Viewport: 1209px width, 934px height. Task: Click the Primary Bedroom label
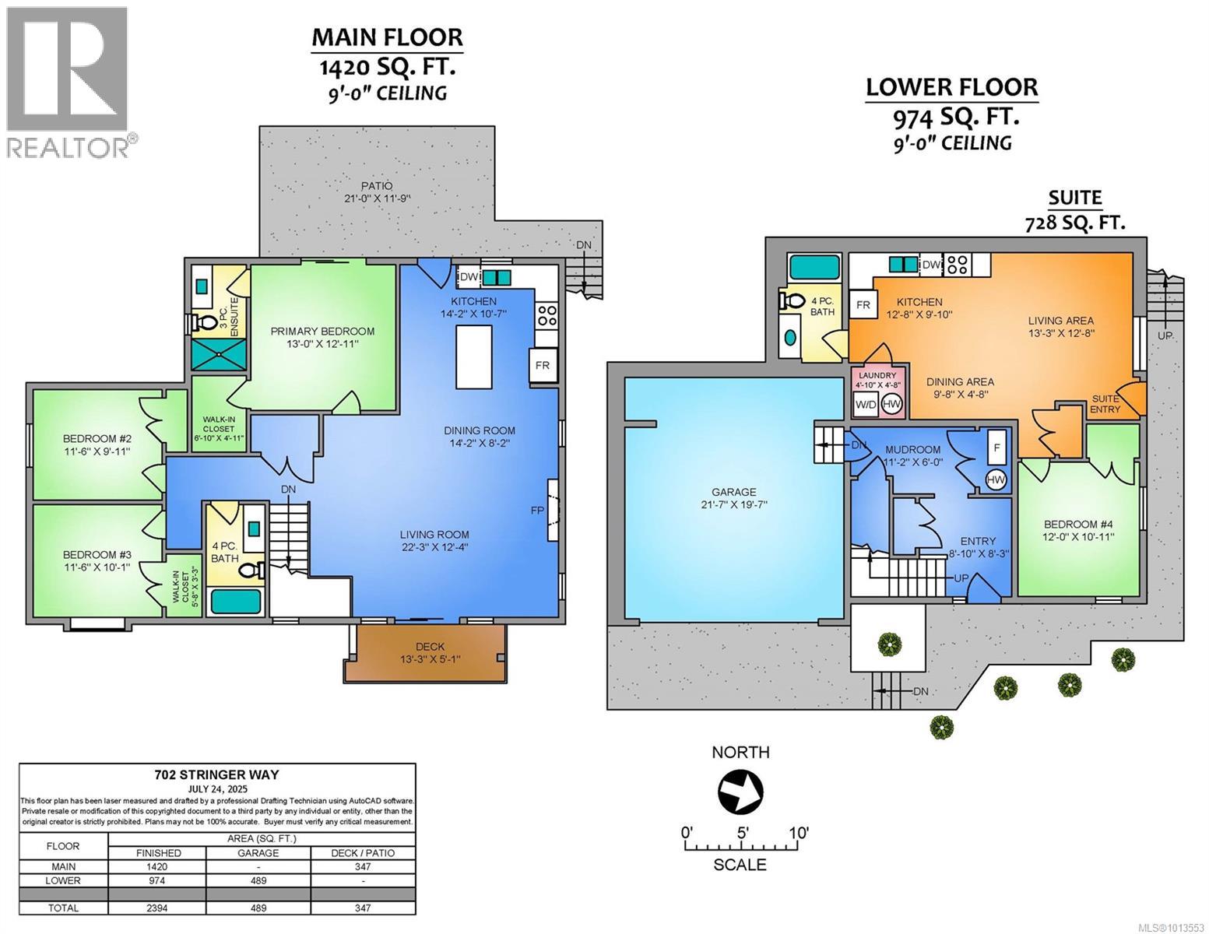(322, 331)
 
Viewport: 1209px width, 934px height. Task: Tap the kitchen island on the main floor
(473, 357)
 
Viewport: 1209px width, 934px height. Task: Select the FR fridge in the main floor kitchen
(543, 365)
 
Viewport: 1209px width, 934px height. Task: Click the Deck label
(430, 646)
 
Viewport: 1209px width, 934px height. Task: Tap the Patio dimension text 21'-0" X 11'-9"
(378, 198)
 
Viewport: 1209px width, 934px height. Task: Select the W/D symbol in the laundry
(866, 405)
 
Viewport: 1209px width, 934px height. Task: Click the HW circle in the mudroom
(996, 479)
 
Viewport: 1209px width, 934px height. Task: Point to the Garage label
(734, 492)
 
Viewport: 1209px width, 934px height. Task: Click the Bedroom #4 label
(1078, 524)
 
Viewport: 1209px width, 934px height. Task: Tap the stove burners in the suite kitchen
(958, 264)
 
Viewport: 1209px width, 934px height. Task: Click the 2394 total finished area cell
(158, 908)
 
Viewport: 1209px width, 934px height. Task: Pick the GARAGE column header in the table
(258, 853)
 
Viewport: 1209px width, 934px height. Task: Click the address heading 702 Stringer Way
(217, 774)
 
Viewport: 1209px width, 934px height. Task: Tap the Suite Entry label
(1105, 404)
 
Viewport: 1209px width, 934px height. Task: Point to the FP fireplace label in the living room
(537, 510)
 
